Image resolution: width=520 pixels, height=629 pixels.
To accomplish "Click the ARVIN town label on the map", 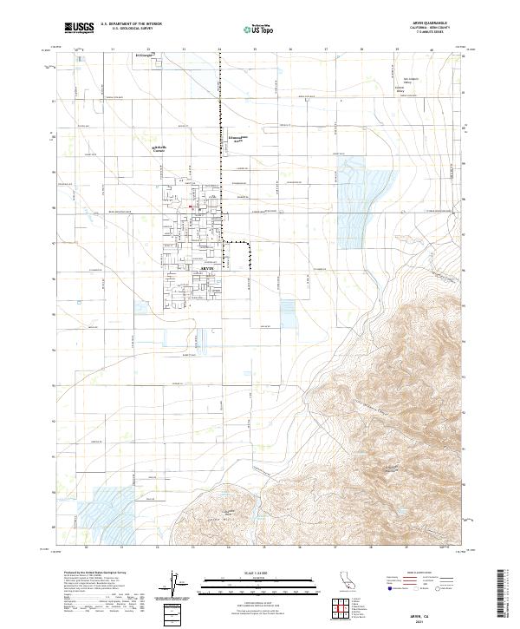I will (199, 271).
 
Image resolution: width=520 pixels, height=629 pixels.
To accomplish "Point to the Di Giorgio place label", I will (144, 55).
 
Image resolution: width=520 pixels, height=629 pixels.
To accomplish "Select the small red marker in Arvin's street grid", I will (192, 206).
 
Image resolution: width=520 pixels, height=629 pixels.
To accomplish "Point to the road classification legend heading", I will (422, 574).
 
